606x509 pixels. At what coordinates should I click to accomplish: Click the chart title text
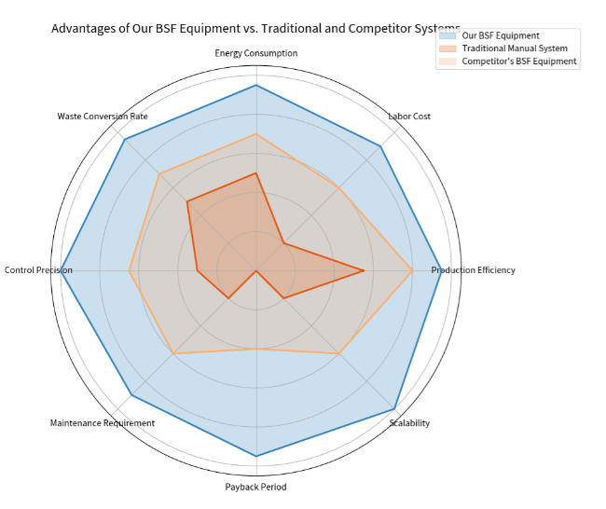click(x=255, y=28)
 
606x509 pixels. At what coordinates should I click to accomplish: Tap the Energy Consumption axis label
click(x=256, y=53)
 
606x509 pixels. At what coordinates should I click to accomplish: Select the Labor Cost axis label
click(x=409, y=117)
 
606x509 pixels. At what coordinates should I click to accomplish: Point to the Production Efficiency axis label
click(x=473, y=270)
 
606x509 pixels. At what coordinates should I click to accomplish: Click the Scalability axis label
click(x=409, y=423)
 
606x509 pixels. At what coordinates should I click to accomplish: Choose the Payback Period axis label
click(x=256, y=487)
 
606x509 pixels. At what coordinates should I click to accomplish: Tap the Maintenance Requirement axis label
click(x=103, y=423)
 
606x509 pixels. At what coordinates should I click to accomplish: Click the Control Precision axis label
click(x=38, y=270)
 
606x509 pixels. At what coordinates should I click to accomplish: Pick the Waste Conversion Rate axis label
click(x=103, y=117)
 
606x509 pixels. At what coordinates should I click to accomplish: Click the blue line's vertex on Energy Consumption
click(x=256, y=85)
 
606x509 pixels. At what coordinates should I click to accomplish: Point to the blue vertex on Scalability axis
click(x=395, y=409)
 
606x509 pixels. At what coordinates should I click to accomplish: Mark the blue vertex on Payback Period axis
click(x=256, y=456)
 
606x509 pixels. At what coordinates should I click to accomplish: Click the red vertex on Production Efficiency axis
click(x=364, y=270)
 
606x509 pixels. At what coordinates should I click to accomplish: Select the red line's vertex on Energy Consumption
click(x=256, y=172)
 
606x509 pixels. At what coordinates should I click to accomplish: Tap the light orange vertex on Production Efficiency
click(x=413, y=270)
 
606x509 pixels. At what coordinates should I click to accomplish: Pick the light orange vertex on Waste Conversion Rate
click(x=159, y=173)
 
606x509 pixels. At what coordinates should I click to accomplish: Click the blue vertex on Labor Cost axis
click(x=381, y=145)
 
